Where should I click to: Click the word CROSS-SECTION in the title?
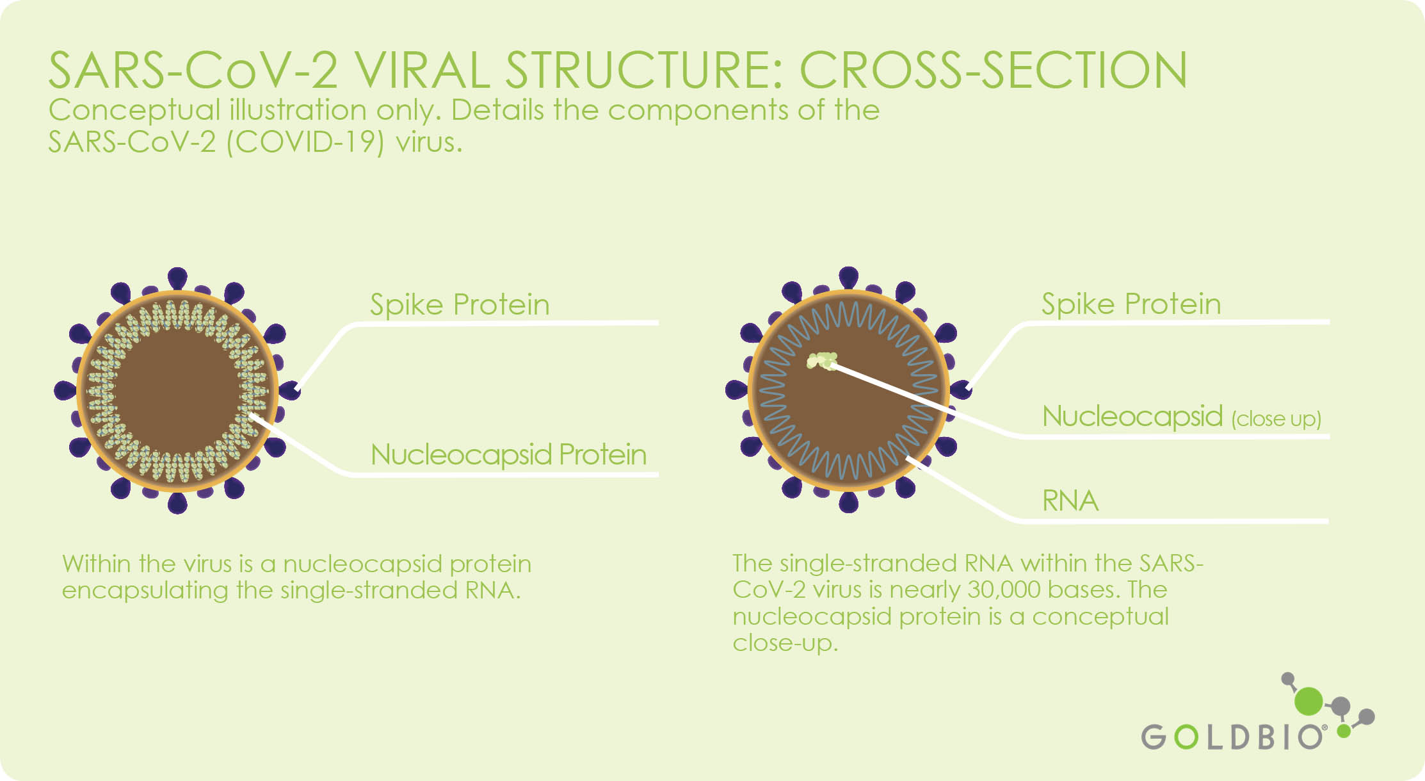click(x=994, y=70)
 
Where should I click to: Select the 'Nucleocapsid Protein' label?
click(x=508, y=454)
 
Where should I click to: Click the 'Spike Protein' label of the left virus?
click(x=460, y=304)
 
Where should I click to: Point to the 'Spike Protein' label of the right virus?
click(x=1131, y=304)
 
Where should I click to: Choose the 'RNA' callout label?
click(x=1070, y=500)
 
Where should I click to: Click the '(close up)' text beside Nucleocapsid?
click(x=1276, y=419)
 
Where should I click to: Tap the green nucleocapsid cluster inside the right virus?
click(x=823, y=361)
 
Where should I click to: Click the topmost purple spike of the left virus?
click(x=177, y=278)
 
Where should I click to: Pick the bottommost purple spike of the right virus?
click(x=848, y=502)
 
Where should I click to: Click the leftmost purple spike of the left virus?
click(x=65, y=390)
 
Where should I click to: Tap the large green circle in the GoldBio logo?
click(x=1308, y=701)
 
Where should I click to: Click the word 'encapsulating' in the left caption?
click(x=145, y=591)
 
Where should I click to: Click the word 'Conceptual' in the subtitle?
click(x=134, y=111)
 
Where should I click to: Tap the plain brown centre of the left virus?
click(x=177, y=391)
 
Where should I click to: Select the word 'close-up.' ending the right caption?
click(x=785, y=643)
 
